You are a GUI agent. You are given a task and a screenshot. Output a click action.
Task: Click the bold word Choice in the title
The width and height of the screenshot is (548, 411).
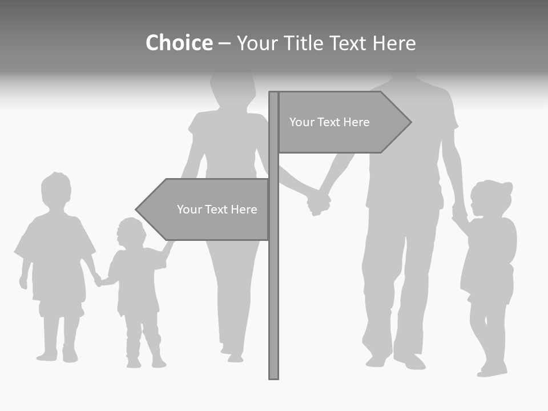[179, 43]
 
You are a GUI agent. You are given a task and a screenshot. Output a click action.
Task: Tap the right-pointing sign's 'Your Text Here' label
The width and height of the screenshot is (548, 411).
[329, 122]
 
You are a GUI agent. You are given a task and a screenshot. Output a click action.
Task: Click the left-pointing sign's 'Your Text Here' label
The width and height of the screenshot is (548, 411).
[217, 209]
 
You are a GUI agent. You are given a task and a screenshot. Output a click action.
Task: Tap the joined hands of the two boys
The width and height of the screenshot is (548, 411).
[99, 280]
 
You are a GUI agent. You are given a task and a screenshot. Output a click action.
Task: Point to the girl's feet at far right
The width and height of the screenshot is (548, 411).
[492, 369]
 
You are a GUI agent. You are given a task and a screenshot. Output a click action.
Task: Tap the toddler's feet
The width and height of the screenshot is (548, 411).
[146, 362]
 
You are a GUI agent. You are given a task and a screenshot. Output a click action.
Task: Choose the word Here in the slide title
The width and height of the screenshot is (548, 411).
[394, 43]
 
